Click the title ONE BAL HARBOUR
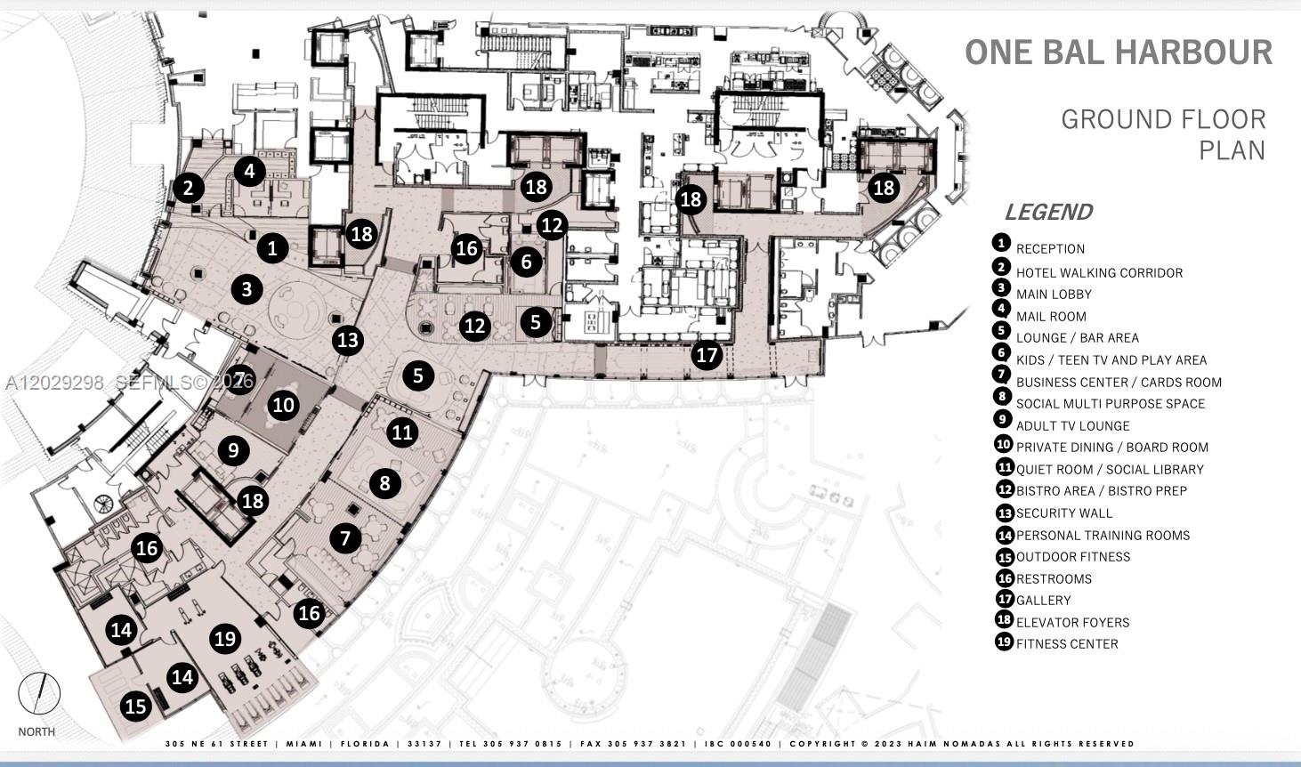[1119, 52]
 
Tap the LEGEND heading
[1049, 213]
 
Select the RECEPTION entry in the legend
[1050, 249]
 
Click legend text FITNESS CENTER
[1067, 644]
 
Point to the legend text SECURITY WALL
[1064, 513]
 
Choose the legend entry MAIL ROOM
[1051, 317]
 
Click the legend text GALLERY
[1043, 601]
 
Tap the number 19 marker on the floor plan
[225, 639]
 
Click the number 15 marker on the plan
[136, 706]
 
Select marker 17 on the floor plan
[707, 354]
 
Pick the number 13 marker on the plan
[348, 340]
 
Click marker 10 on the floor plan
[284, 404]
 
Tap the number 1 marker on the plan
[272, 248]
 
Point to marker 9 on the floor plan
[233, 450]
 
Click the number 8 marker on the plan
[384, 482]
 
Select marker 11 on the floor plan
[402, 432]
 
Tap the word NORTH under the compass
[36, 731]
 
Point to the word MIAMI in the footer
[303, 744]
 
